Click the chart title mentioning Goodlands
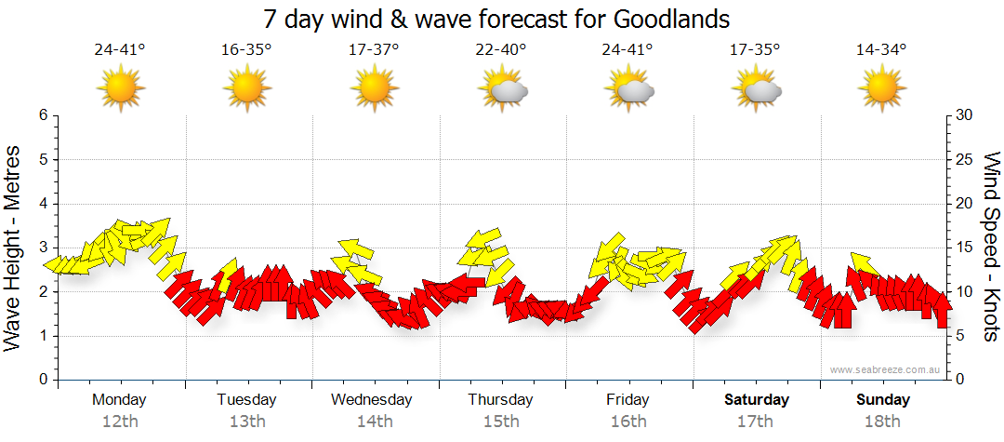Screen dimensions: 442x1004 496,20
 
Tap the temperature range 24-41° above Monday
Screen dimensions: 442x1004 120,49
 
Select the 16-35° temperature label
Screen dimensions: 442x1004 246,49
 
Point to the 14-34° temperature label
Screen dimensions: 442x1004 881,49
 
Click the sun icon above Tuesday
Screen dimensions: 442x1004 246,89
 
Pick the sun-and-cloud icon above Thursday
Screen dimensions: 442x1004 502,89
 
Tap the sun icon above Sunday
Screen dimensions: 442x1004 881,89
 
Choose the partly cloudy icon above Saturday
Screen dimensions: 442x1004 756,89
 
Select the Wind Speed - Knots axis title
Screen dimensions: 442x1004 991,248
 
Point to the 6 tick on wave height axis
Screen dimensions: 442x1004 42,115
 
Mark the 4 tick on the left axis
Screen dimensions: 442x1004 42,204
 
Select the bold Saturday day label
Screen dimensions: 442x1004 756,400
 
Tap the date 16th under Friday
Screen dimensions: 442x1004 628,422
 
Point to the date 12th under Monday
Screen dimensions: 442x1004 120,422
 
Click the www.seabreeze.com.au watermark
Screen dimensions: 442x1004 885,369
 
